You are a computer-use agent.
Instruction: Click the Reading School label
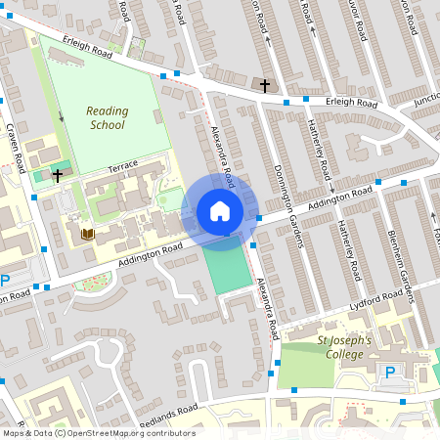point(106,117)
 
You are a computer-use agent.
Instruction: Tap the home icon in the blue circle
point(220,211)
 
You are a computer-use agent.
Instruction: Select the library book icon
point(87,234)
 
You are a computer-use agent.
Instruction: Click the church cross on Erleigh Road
point(264,86)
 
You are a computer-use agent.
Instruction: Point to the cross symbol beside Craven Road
point(58,176)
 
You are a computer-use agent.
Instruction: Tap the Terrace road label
point(124,168)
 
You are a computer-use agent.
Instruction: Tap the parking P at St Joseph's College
point(390,372)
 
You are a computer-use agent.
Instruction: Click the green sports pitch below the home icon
point(227,268)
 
